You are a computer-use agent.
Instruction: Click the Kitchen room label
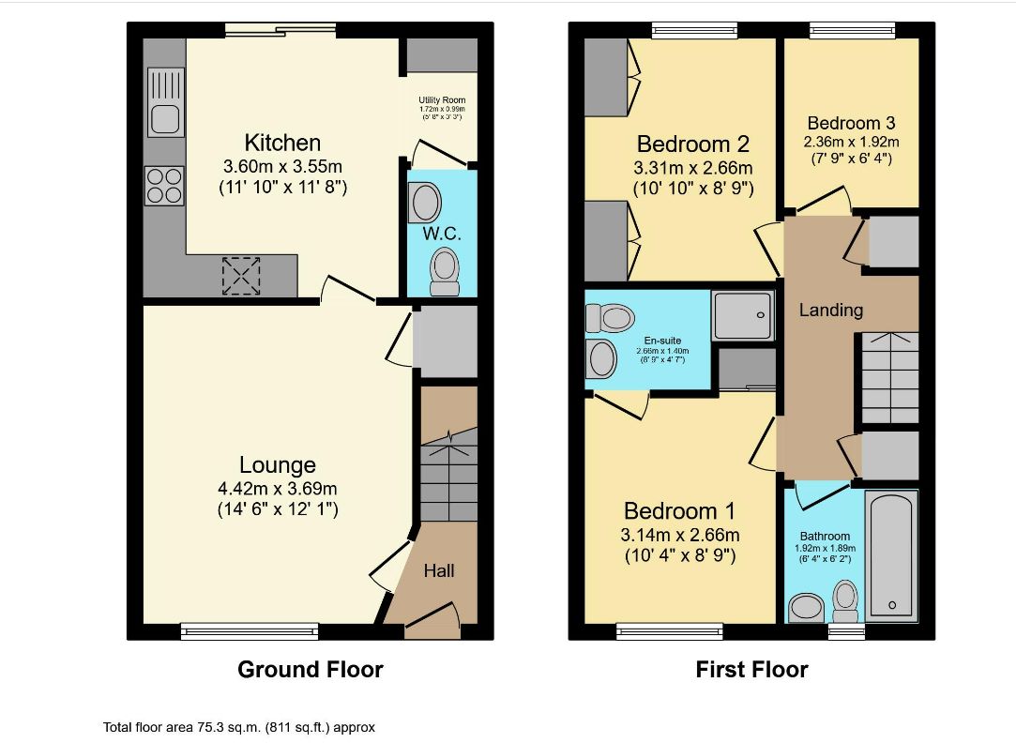click(282, 143)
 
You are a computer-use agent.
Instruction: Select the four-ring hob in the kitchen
click(164, 185)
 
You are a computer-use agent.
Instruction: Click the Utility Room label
click(441, 100)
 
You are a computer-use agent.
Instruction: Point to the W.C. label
click(441, 231)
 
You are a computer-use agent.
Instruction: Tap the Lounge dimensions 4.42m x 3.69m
click(277, 488)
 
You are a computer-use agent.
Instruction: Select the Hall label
click(439, 570)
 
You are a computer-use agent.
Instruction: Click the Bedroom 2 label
click(693, 144)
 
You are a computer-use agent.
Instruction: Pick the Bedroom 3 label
click(851, 123)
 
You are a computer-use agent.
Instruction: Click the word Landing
click(830, 310)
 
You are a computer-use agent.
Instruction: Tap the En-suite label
click(662, 341)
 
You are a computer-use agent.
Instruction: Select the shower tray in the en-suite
click(743, 314)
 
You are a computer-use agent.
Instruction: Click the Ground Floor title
click(310, 670)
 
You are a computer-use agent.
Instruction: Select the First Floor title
click(751, 670)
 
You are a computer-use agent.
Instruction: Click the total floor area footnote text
click(239, 727)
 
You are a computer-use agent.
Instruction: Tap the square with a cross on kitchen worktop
click(241, 275)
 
